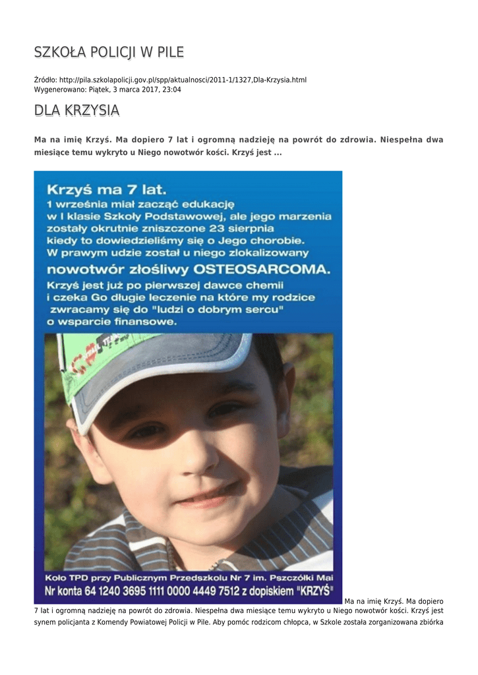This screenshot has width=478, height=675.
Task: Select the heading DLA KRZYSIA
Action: coord(76,111)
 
